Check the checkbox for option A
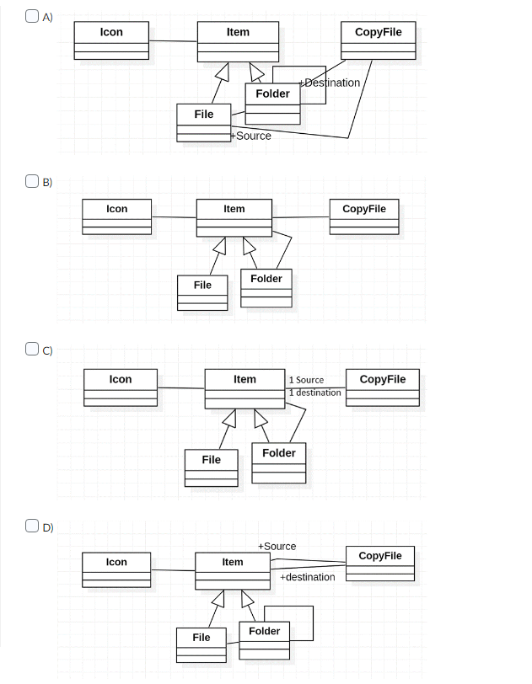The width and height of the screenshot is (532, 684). coord(31,16)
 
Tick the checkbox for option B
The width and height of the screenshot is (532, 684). coord(31,181)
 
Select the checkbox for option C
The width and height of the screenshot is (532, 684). coord(31,349)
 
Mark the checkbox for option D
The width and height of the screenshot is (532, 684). coord(31,526)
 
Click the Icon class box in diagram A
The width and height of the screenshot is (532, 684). coord(111,40)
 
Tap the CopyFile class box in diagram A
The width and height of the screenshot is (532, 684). coord(379,40)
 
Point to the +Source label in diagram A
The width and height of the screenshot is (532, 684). coord(251,136)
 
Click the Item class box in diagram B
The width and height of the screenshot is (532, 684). coord(234,217)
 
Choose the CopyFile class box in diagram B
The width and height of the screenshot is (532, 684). coord(363,216)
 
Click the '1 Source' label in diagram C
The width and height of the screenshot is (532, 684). coord(306,380)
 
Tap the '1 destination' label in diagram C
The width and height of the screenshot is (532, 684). coord(314,393)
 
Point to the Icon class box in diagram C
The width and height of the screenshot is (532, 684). coord(121,387)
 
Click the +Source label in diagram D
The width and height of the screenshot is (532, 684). coord(277,547)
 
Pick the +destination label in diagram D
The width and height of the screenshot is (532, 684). coord(308,577)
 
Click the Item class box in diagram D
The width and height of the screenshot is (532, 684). coord(233,570)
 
